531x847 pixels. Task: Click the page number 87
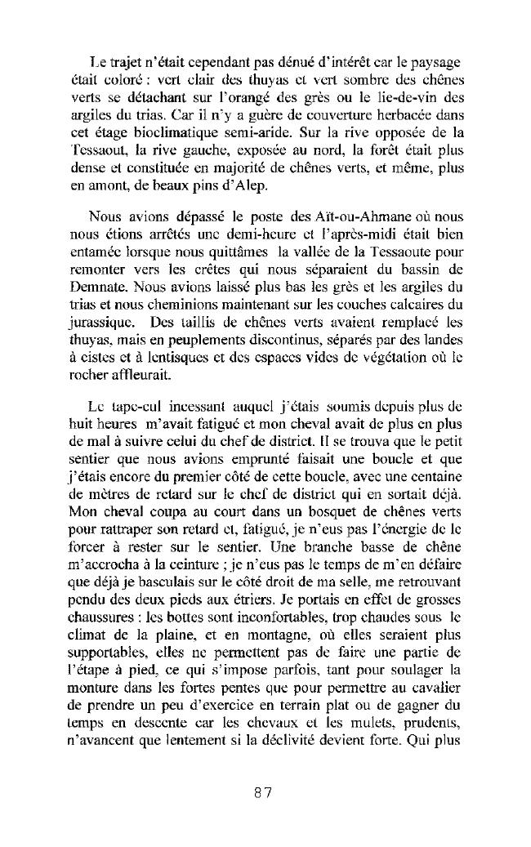[x=262, y=792]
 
